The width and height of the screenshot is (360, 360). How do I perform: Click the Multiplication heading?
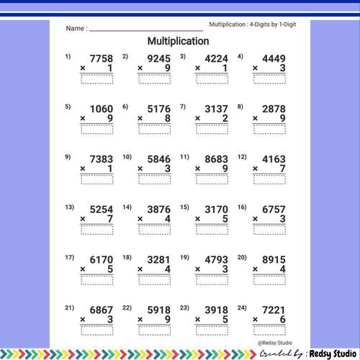click(178, 41)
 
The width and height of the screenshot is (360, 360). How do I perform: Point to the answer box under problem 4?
click(273, 79)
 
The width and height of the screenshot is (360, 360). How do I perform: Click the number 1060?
click(100, 109)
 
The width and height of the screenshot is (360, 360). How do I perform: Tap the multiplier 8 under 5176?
click(167, 119)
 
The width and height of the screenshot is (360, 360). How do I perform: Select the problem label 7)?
click(183, 107)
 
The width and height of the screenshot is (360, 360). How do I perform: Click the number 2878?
click(274, 109)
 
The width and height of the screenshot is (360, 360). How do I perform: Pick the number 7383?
click(100, 159)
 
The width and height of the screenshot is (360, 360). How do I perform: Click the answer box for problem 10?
click(157, 179)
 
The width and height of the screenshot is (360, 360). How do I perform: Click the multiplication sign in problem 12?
click(257, 168)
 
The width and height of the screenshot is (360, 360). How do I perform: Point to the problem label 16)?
click(242, 207)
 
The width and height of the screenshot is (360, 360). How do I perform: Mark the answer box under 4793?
click(215, 280)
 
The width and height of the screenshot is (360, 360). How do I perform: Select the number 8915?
click(274, 259)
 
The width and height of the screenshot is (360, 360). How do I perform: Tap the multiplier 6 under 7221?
click(283, 320)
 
